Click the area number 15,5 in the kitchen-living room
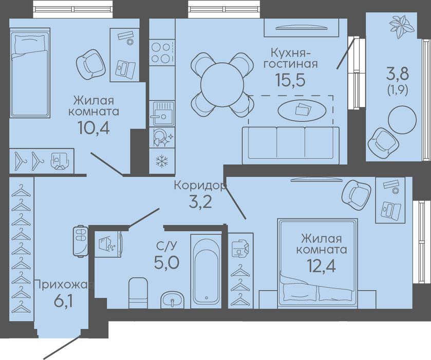click(290, 80)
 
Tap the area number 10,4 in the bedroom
click(93, 128)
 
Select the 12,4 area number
click(321, 266)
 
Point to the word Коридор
click(200, 186)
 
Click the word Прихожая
click(64, 285)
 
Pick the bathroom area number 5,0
click(167, 263)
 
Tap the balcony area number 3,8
click(398, 74)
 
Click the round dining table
click(222, 84)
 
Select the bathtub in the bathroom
click(207, 271)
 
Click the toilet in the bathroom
click(138, 293)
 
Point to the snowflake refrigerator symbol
click(162, 161)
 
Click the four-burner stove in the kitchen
click(162, 52)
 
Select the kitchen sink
click(162, 114)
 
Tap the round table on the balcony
click(402, 120)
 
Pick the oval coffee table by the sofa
click(302, 111)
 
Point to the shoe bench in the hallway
click(81, 241)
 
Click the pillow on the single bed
click(30, 44)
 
